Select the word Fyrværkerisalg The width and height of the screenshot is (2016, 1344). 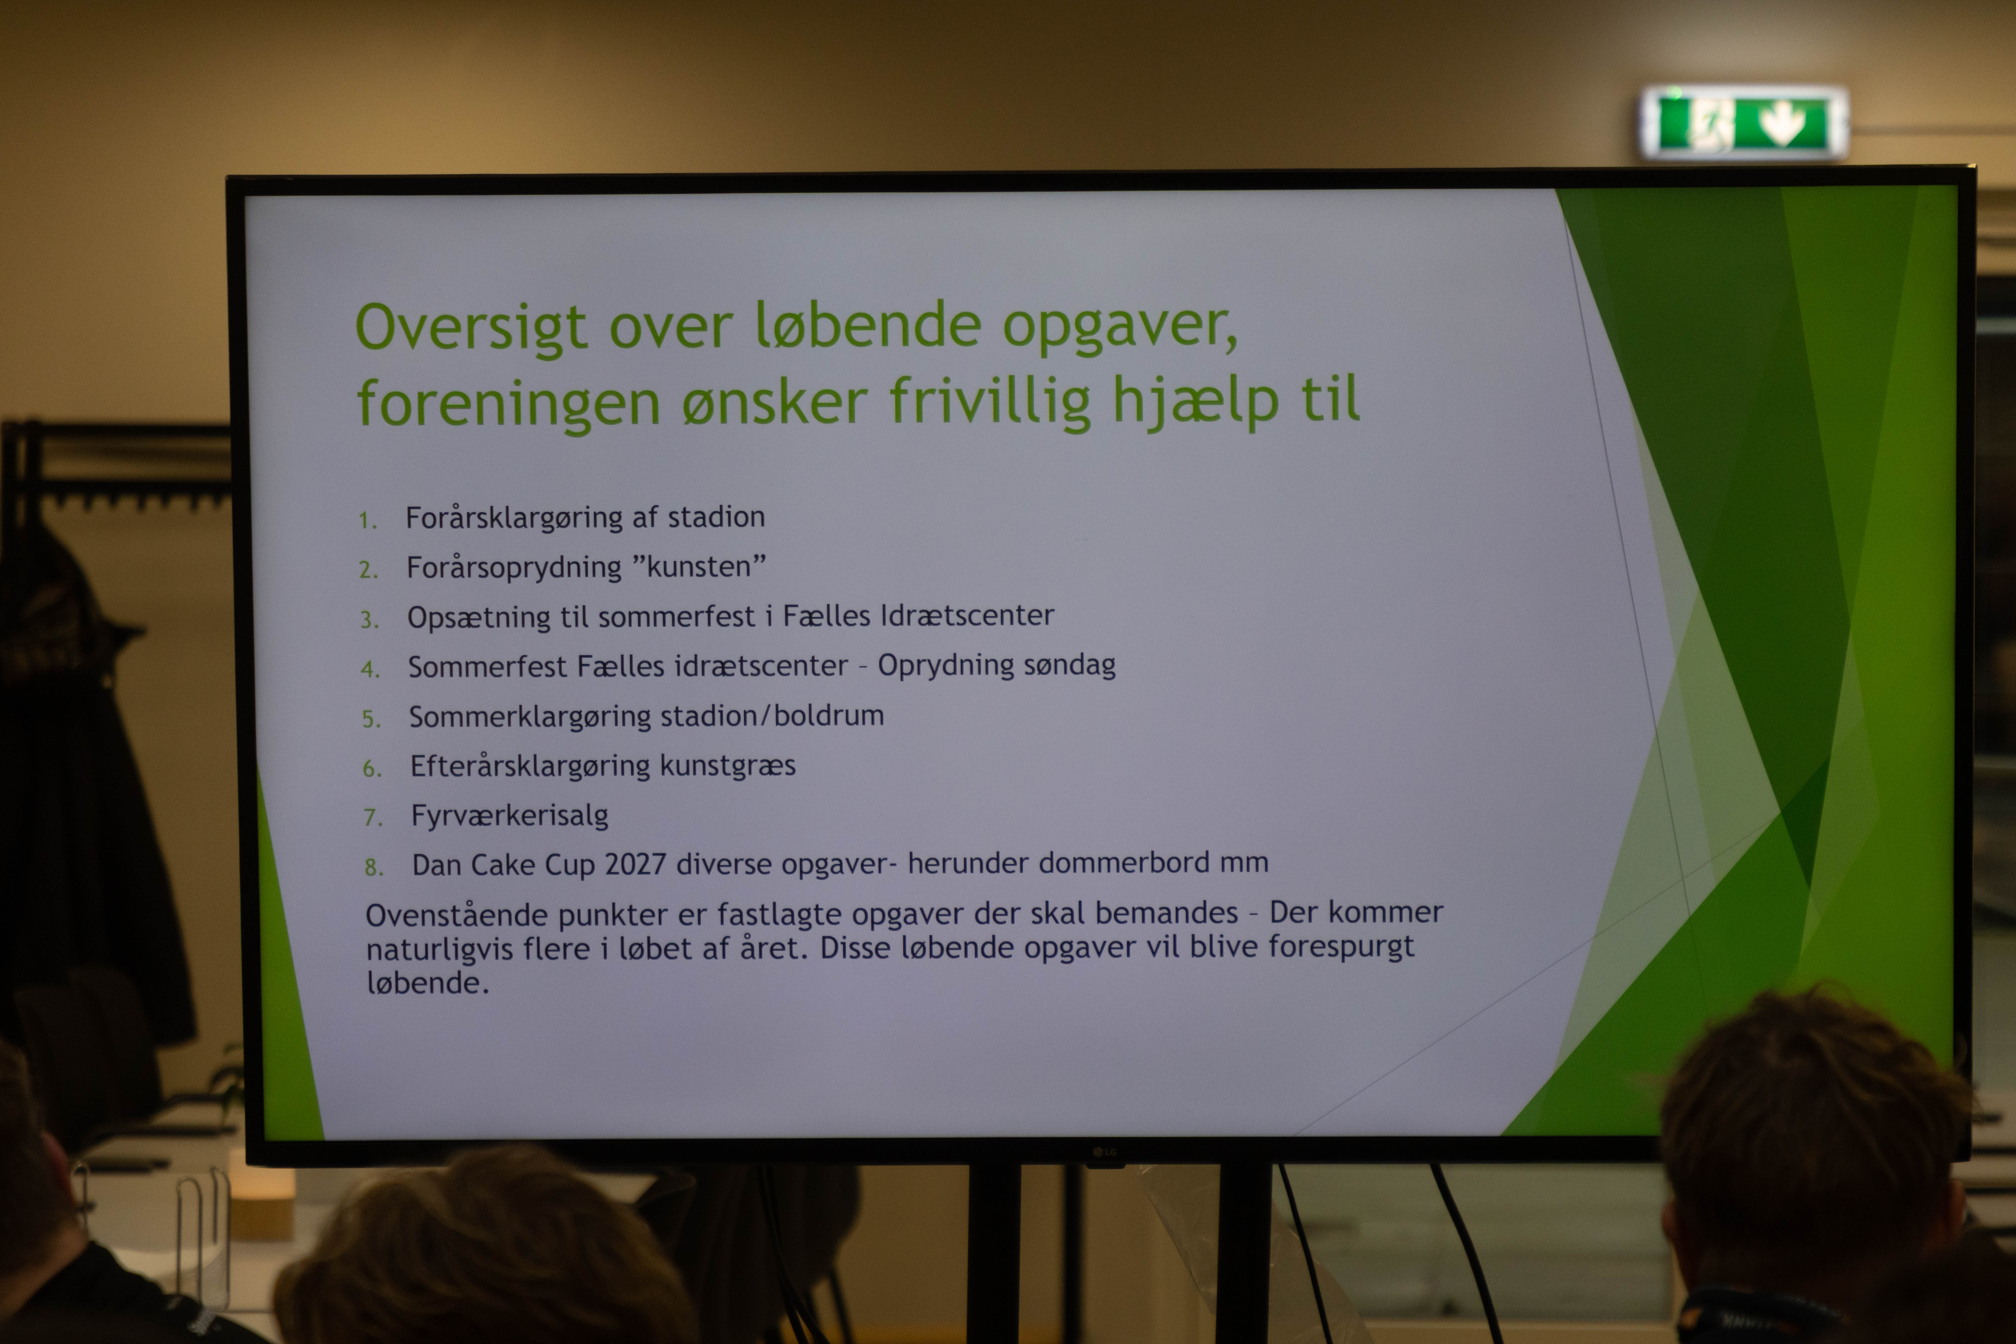(510, 815)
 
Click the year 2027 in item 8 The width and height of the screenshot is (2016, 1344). (635, 864)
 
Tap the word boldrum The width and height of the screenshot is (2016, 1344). (829, 715)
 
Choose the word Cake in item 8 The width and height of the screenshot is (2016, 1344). (504, 865)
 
